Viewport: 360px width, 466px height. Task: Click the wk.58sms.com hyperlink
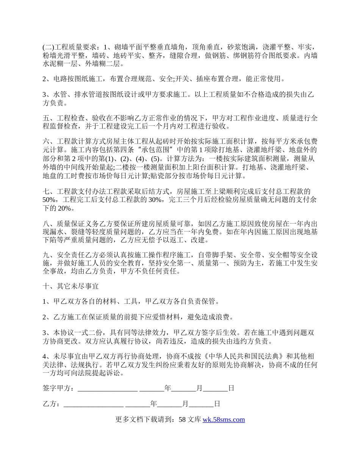tap(224, 419)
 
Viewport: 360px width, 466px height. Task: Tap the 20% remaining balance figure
tap(63, 208)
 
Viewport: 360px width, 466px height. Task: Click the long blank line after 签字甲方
tap(107, 389)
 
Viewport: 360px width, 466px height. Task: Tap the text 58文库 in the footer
tap(189, 419)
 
